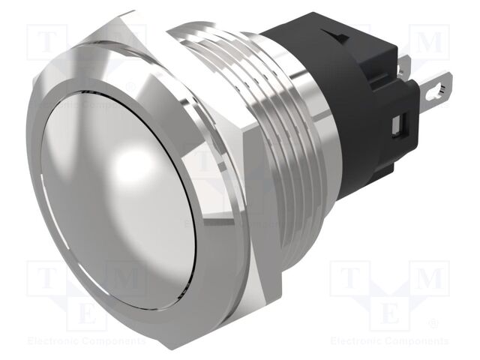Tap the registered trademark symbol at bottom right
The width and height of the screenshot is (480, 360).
pos(434,324)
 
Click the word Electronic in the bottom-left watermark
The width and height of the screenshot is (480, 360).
pos(52,341)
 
